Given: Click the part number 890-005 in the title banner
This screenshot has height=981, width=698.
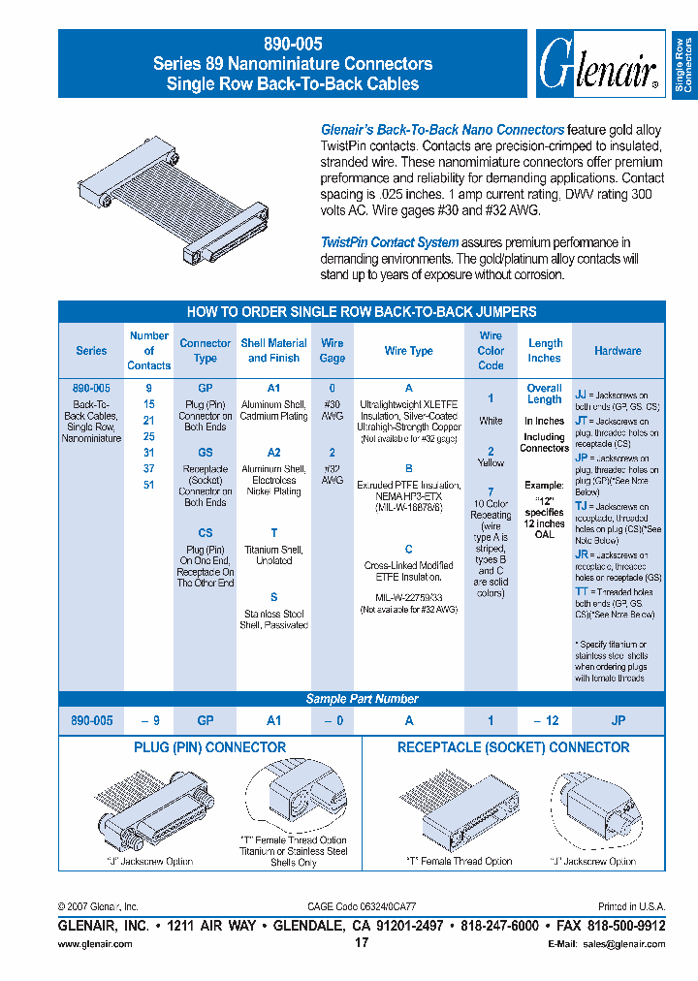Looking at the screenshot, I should (x=293, y=44).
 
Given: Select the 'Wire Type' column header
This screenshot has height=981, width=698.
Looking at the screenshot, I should (x=409, y=351).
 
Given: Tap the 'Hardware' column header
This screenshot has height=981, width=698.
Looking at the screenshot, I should (x=618, y=351).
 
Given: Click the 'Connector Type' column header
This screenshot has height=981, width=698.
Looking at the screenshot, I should (x=206, y=351).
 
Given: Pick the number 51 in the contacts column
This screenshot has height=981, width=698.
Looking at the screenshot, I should (x=148, y=485).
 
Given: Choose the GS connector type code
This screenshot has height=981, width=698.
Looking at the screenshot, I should (x=206, y=453).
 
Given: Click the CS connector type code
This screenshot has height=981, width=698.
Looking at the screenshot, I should (x=206, y=533).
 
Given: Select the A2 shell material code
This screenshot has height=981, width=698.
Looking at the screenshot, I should (x=273, y=453).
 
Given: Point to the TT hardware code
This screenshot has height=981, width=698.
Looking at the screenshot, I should (x=582, y=591).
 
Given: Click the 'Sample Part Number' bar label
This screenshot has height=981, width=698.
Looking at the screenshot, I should (x=362, y=699).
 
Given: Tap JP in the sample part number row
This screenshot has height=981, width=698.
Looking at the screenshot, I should (x=619, y=721).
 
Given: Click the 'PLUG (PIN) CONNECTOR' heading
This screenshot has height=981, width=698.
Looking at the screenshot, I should (x=209, y=748).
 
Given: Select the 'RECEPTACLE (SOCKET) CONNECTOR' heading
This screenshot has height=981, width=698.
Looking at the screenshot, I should (x=513, y=748).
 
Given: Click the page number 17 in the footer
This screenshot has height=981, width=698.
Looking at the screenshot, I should (x=362, y=943).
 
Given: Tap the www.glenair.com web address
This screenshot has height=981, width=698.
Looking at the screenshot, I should (x=95, y=944).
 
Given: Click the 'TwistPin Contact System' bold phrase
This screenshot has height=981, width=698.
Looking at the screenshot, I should (x=390, y=242).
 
